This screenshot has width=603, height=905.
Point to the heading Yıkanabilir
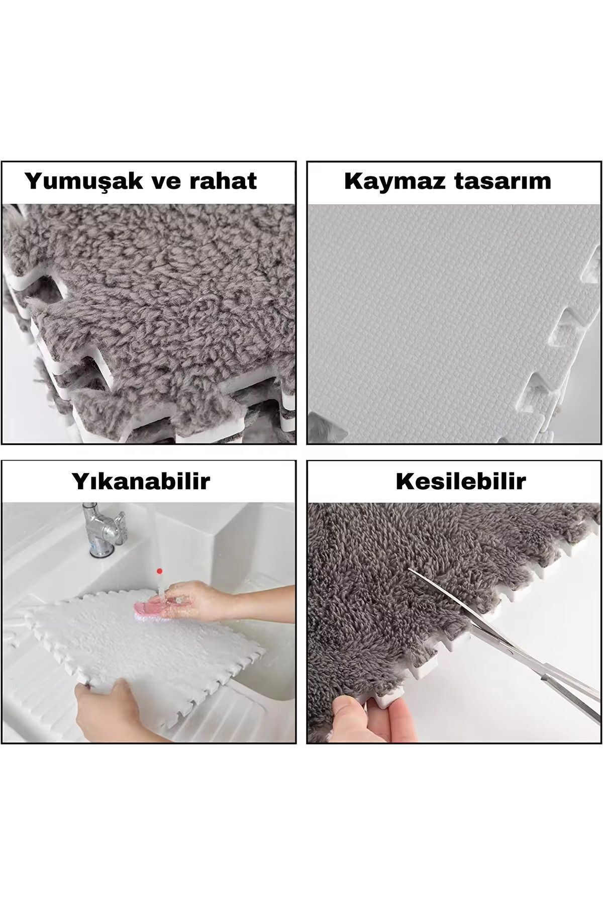(x=141, y=481)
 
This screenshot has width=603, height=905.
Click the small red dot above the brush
(x=160, y=571)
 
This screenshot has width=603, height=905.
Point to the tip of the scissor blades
(x=410, y=569)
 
